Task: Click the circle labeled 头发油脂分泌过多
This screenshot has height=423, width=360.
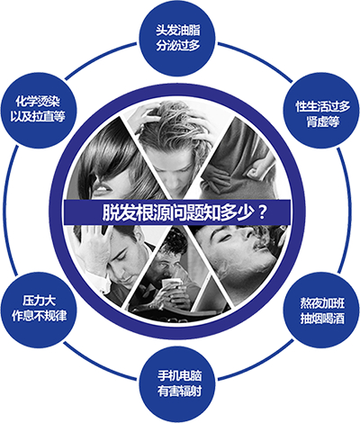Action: (177, 38)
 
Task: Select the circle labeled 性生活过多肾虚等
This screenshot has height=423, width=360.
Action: (321, 110)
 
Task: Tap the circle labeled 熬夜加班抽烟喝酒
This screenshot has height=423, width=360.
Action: (321, 310)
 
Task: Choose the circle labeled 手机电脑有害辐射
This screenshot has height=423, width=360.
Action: (180, 383)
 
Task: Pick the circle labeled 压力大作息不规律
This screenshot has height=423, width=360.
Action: (39, 310)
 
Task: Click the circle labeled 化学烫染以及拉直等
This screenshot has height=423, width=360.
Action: (39, 110)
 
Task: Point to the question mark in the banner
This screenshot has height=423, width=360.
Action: (262, 212)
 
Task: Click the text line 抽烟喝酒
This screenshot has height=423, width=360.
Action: (322, 319)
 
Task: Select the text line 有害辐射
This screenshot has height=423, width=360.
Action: (180, 391)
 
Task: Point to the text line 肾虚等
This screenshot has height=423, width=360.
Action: (323, 121)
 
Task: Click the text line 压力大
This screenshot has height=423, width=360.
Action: (39, 301)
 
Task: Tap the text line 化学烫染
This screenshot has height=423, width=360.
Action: (38, 102)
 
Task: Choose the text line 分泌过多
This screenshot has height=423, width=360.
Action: (178, 45)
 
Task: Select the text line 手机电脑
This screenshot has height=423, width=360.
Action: (180, 375)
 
